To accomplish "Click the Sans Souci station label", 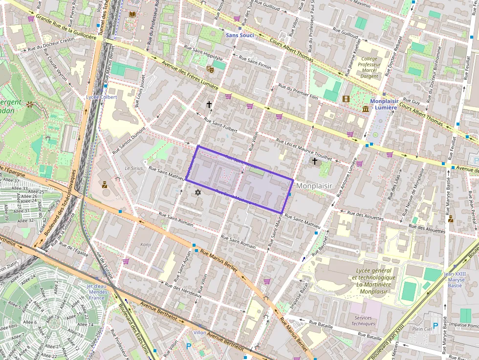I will coord(240,36).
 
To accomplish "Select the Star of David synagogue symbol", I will coord(198,193).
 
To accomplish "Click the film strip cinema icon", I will coord(347,99).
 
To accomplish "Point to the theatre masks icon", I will coord(210,69).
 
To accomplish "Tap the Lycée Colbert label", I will coord(102,97).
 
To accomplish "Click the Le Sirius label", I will coord(133,168).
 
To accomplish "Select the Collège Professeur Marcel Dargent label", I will coord(369,67).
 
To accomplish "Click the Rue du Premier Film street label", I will coord(298,92).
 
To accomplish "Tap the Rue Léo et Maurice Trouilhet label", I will coord(304,149).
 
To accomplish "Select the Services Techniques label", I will coord(363,320).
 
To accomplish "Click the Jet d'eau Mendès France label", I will coord(96,292).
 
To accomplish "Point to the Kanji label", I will coord(146,244).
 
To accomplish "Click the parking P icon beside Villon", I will coord(189,346).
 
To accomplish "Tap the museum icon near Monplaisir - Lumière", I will coord(366,108).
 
